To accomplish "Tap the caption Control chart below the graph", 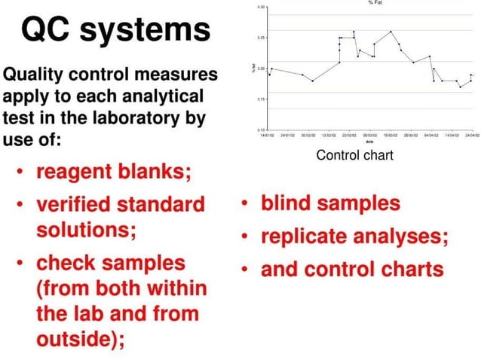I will (354, 155).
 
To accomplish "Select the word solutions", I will (85, 229).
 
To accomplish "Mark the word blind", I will (289, 204).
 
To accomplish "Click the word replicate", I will (306, 236).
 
